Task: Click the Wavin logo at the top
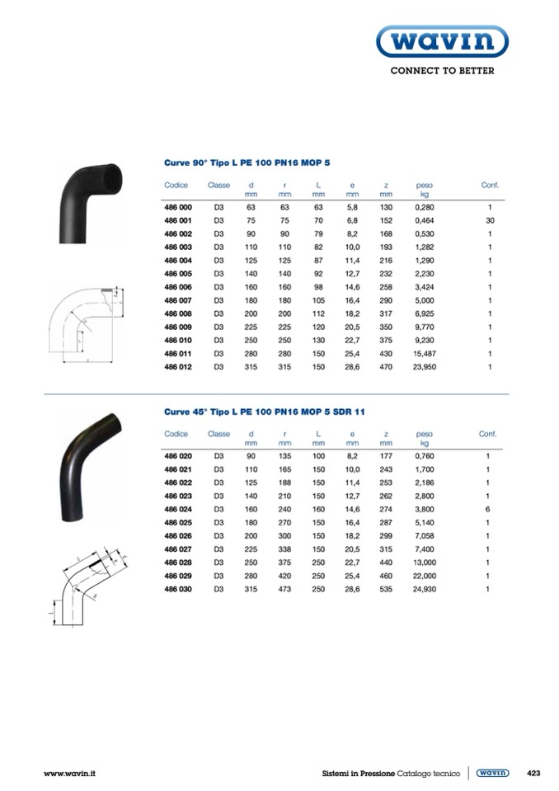click(x=442, y=41)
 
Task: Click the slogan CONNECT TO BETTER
click(x=442, y=71)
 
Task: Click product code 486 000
click(x=178, y=207)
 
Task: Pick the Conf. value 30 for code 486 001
click(x=490, y=220)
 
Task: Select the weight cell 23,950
click(x=425, y=367)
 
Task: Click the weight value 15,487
click(x=425, y=354)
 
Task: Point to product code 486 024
click(x=178, y=510)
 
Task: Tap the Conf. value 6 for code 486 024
click(x=487, y=510)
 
